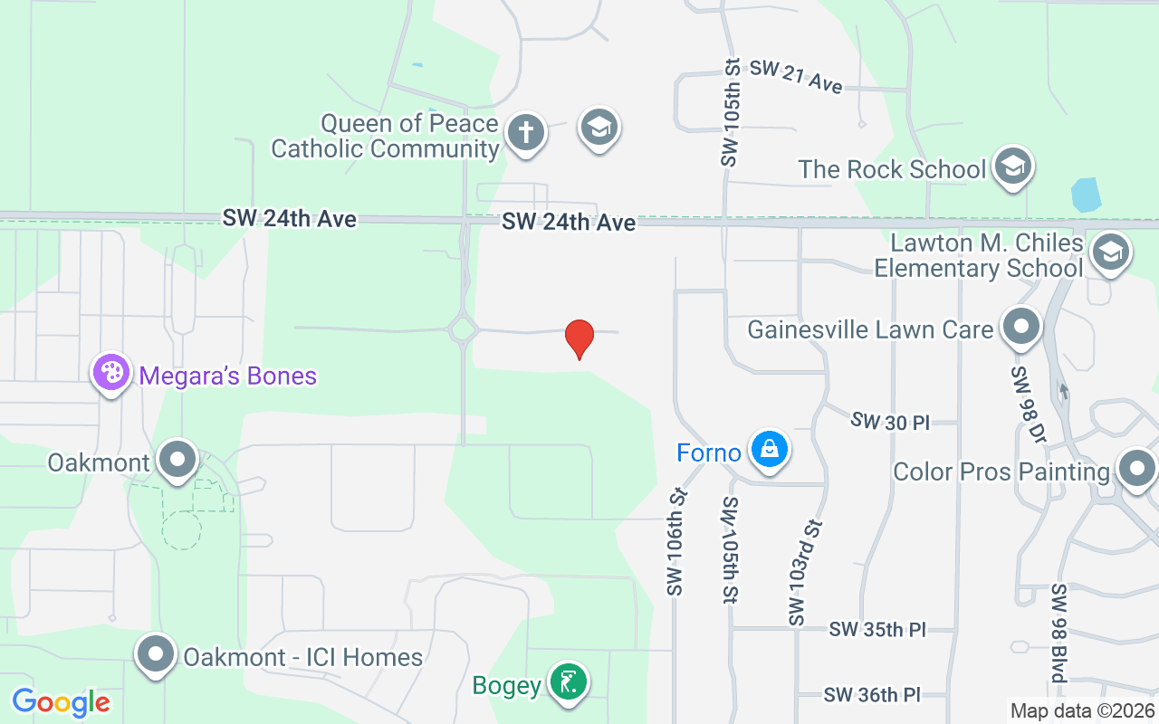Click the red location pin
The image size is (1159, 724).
point(579,338)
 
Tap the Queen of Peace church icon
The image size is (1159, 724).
point(525,131)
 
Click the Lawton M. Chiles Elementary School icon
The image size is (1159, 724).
point(1110,252)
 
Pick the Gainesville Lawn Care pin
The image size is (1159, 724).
point(1022,327)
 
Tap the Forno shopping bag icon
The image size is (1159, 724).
point(770,449)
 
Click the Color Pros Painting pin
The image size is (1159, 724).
point(1135,470)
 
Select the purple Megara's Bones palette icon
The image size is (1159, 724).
point(111,372)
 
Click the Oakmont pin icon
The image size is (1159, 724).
point(177,460)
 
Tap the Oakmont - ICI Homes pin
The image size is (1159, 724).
point(156,654)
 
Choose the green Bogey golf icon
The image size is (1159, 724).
point(569,682)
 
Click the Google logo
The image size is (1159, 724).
point(61,702)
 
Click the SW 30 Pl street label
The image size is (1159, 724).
point(890,421)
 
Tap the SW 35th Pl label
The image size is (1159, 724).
point(877,629)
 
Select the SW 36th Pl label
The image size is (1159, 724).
point(872,694)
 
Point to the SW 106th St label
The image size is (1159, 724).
point(675,543)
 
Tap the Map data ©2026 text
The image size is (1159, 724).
point(1082,711)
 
